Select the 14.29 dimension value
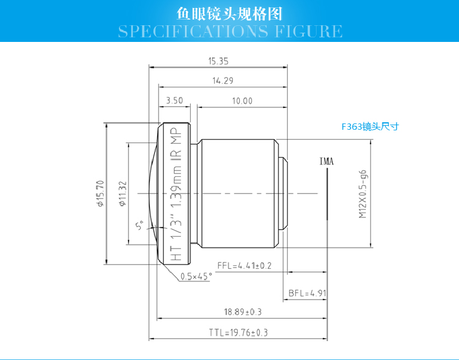[x=222, y=82]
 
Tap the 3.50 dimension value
[x=174, y=100]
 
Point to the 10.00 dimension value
[x=242, y=100]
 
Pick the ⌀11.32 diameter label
[x=122, y=193]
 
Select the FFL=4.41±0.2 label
[x=244, y=265]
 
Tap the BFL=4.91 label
[x=307, y=293]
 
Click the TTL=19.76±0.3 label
[x=238, y=332]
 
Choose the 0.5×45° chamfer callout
[x=196, y=276]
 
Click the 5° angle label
[x=138, y=226]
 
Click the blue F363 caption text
[x=369, y=127]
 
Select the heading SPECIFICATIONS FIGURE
[x=230, y=30]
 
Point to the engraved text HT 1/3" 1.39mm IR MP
[x=176, y=194]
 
